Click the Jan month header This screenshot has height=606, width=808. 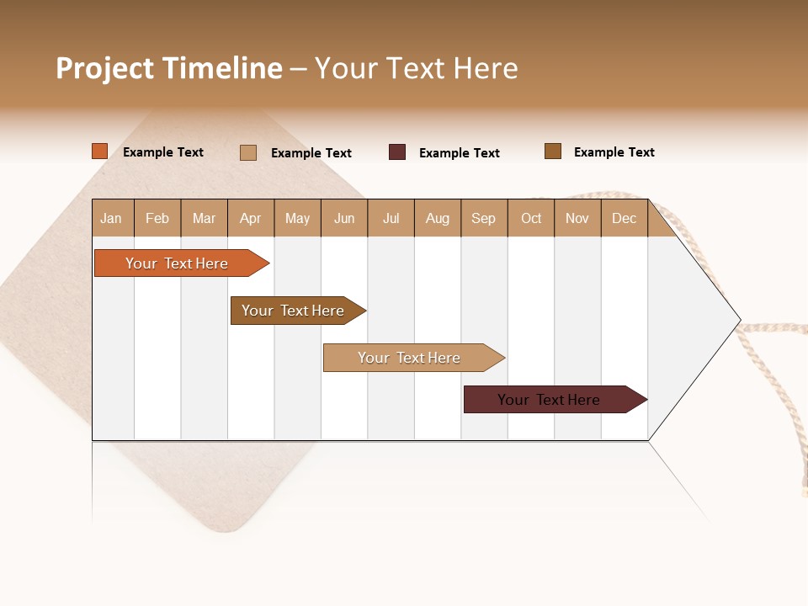(x=111, y=218)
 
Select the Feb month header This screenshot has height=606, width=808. (x=157, y=218)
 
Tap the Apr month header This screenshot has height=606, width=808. (x=250, y=218)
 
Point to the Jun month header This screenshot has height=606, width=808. (x=344, y=218)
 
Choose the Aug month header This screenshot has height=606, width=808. (x=438, y=218)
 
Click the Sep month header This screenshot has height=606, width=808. (x=483, y=218)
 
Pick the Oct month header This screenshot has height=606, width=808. (x=531, y=218)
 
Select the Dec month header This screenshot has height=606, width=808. (x=624, y=218)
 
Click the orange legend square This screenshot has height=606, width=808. (x=100, y=151)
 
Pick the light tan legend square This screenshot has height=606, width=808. (x=248, y=152)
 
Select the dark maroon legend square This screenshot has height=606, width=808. (x=397, y=152)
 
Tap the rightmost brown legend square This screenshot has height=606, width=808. (x=553, y=151)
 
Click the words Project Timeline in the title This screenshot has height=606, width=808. (x=168, y=68)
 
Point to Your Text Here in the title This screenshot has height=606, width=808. (x=416, y=68)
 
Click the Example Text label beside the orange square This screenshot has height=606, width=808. (x=163, y=152)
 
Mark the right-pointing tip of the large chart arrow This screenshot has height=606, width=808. (x=738, y=320)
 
